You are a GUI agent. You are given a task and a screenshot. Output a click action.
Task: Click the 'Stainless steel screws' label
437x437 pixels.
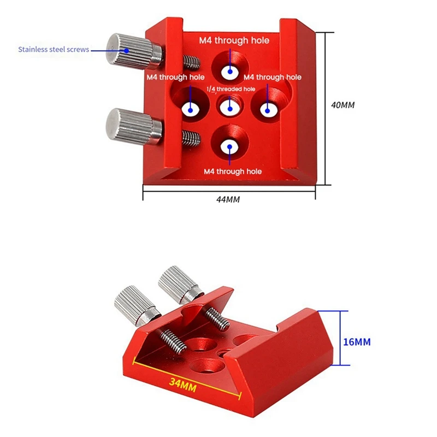54,50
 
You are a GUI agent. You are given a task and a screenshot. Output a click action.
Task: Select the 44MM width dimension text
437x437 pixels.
228,199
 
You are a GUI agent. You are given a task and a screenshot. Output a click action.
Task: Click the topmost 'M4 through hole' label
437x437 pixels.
234,40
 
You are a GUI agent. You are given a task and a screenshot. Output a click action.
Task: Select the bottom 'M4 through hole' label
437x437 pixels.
233,172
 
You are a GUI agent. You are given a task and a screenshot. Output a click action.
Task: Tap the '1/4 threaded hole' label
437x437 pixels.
231,88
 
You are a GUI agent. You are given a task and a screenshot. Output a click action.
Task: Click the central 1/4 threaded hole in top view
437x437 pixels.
229,106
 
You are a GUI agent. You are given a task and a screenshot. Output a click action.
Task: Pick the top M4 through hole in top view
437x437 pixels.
230,71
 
